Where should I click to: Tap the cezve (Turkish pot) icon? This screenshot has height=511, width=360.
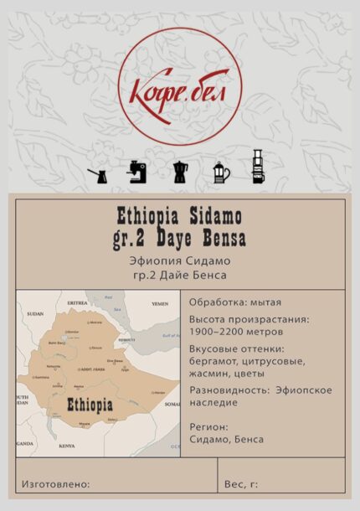point(97,173)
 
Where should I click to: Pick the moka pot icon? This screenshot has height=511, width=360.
point(180,171)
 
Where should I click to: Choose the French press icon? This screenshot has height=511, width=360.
point(220,171)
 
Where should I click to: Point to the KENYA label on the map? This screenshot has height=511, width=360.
point(66,446)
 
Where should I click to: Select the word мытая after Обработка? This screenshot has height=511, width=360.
point(265,302)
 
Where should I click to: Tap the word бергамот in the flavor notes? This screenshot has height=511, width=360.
point(213,361)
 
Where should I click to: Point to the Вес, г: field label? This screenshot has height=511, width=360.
point(241,484)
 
